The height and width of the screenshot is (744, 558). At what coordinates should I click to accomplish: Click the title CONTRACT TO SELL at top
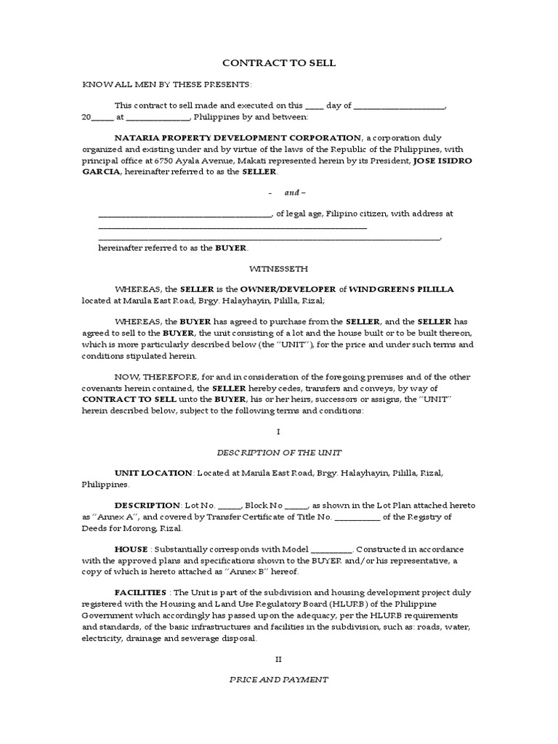pyautogui.click(x=278, y=63)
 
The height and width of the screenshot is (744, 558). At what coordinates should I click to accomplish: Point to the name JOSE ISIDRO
pyautogui.click(x=442, y=161)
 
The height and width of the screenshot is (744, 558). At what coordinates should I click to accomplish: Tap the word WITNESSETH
pyautogui.click(x=278, y=267)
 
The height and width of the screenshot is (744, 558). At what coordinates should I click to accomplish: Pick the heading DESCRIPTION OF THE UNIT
pyautogui.click(x=278, y=453)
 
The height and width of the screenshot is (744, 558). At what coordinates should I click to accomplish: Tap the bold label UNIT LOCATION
pyautogui.click(x=153, y=473)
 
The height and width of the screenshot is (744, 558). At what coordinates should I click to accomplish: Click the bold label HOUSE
pyautogui.click(x=132, y=549)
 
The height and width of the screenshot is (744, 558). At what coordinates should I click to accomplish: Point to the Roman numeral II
pyautogui.click(x=278, y=659)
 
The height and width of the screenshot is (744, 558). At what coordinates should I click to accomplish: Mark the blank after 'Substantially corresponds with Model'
pyautogui.click(x=332, y=550)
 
